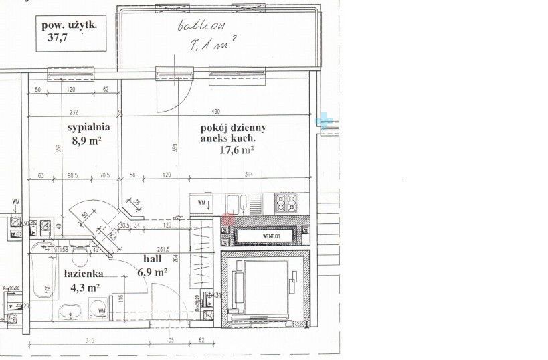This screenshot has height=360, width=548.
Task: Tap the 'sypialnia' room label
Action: click(x=88, y=125)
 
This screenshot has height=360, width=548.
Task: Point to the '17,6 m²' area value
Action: click(x=237, y=151)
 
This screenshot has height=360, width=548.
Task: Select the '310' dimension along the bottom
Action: click(x=90, y=341)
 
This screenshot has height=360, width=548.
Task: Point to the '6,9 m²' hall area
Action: click(x=153, y=272)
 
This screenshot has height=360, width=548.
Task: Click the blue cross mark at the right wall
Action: click(x=325, y=119)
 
